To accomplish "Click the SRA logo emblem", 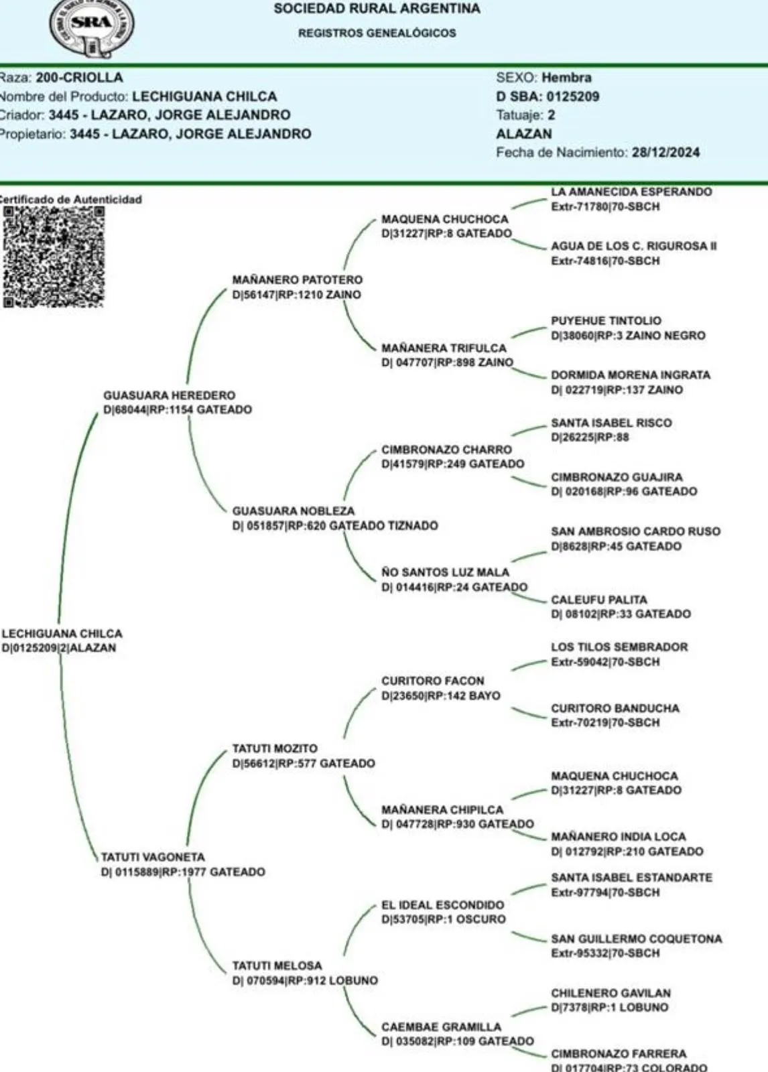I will [x=92, y=25].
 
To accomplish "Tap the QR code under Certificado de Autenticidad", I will [x=54, y=257].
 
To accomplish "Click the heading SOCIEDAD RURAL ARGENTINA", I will [x=377, y=9].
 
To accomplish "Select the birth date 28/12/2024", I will [x=665, y=152].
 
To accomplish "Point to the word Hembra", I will [x=566, y=78].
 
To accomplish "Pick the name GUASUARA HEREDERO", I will [x=169, y=395].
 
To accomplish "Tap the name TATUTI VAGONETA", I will [x=153, y=857].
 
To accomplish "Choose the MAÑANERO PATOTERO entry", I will [x=297, y=280].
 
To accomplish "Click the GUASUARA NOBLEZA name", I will [x=293, y=511].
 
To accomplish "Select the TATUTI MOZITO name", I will [x=275, y=748].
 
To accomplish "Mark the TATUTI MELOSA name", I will [x=277, y=965].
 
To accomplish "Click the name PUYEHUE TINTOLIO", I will [x=606, y=321].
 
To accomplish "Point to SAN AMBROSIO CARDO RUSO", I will [x=635, y=531].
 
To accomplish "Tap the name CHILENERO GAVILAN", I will [x=611, y=993].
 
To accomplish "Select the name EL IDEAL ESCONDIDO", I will [x=442, y=904].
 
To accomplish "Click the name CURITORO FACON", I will [x=432, y=681].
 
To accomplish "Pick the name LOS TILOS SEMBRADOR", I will [x=619, y=647].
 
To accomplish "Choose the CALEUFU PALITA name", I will [x=598, y=600].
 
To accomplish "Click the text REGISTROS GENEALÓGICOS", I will [x=377, y=33].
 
